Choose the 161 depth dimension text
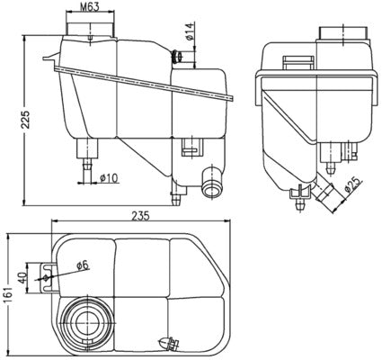click(9, 293)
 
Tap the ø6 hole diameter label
click(81, 265)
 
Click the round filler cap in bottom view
click(87, 319)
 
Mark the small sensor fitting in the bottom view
click(168, 342)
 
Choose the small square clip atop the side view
click(293, 60)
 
